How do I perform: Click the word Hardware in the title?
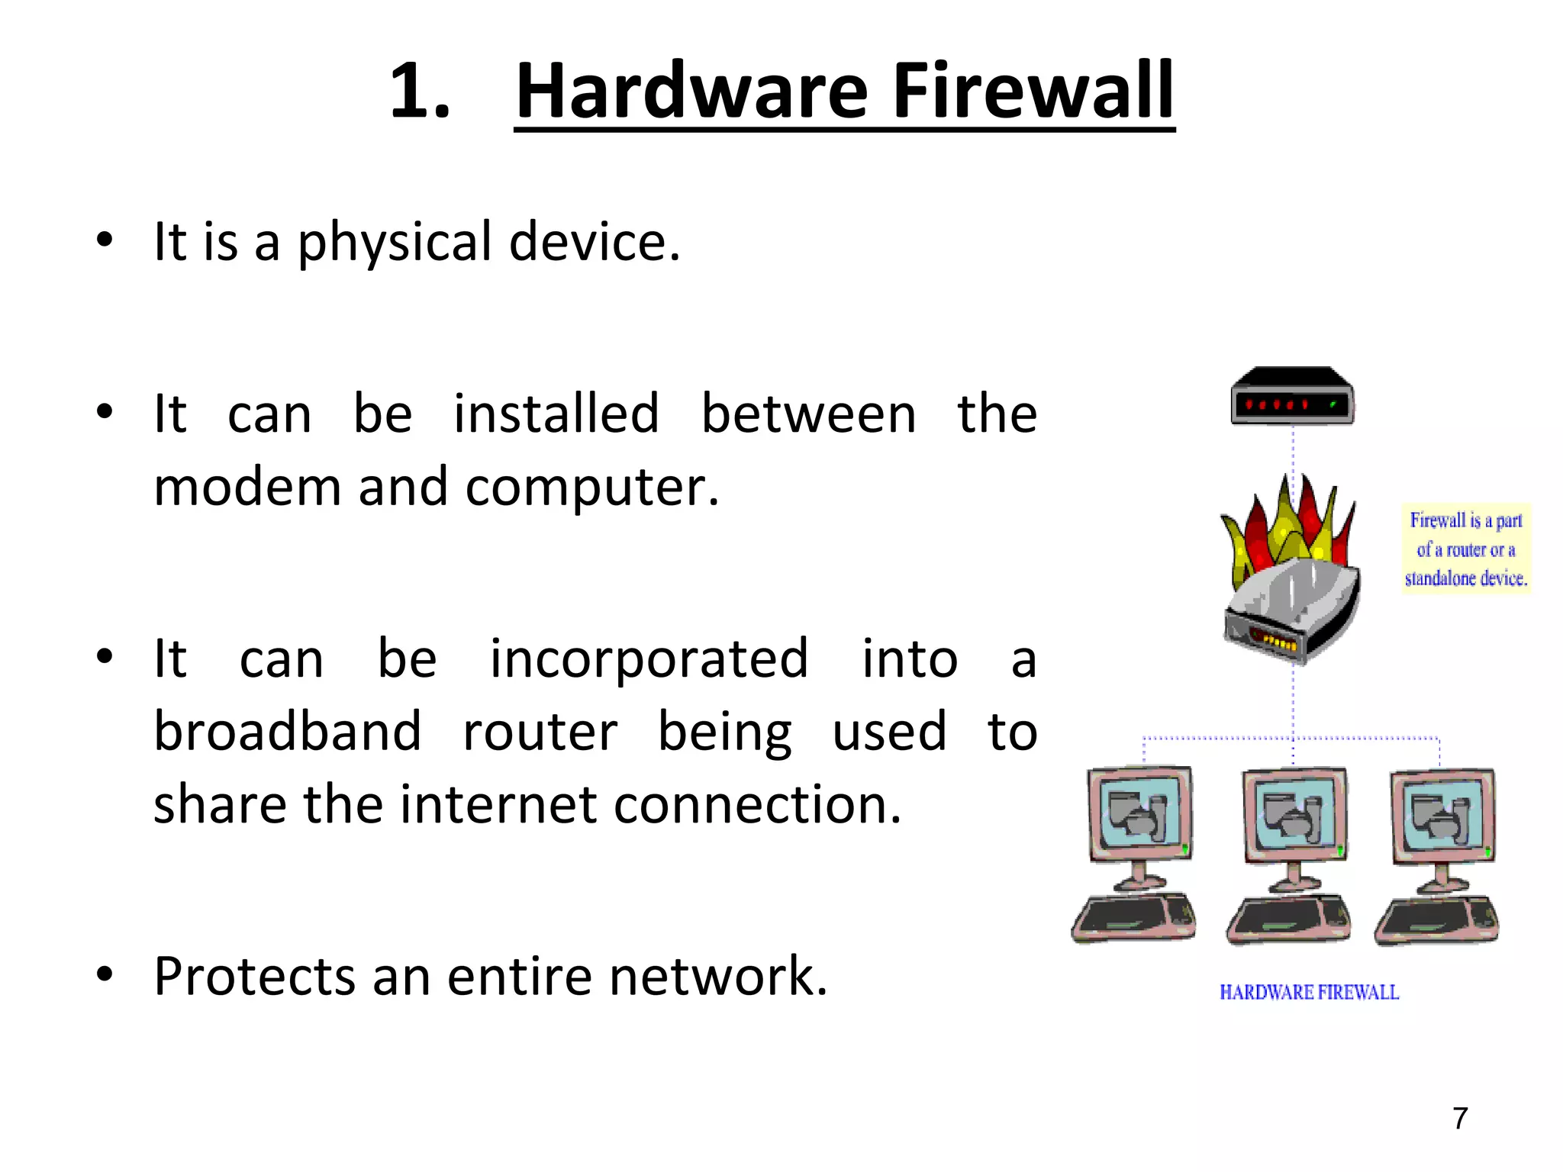pos(691,92)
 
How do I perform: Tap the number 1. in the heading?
pos(420,92)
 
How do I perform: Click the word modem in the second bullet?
pos(247,487)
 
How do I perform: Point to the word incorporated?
pos(648,658)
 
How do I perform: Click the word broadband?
pos(287,731)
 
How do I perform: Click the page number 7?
pos(1460,1119)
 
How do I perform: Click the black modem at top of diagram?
pos(1291,397)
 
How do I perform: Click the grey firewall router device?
pos(1291,610)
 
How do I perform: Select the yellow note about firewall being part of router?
pos(1465,549)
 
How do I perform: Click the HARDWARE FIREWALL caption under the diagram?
pos(1309,992)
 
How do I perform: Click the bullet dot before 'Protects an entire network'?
pos(105,974)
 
